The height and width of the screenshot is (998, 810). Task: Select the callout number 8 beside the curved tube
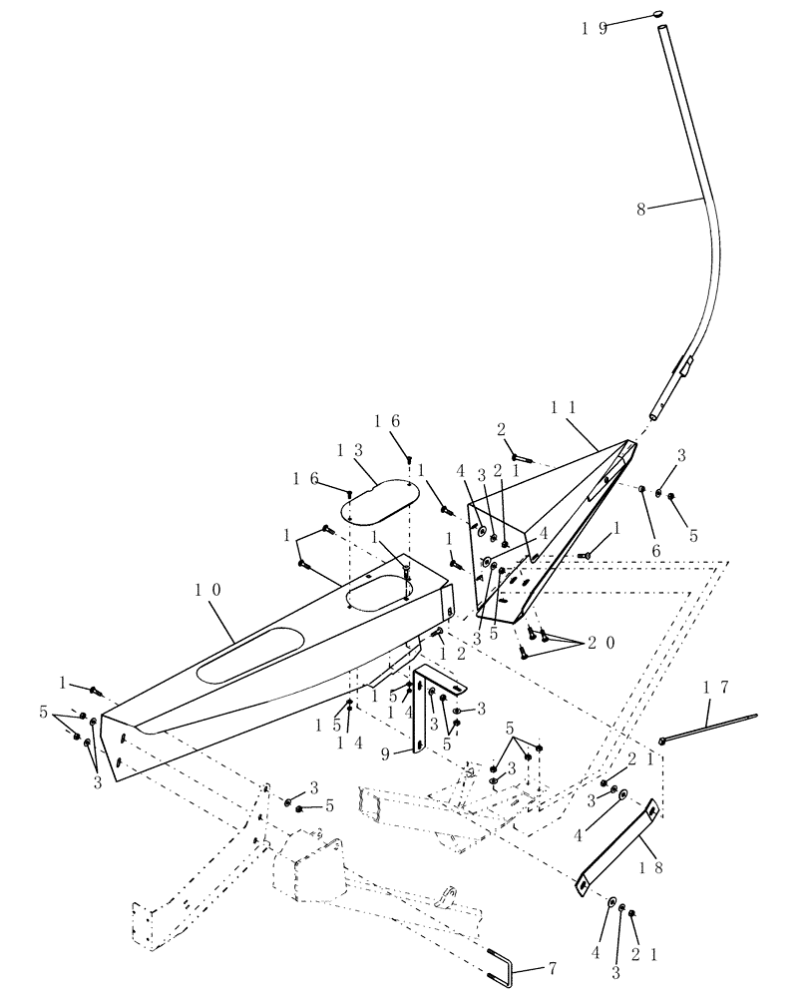(x=640, y=210)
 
